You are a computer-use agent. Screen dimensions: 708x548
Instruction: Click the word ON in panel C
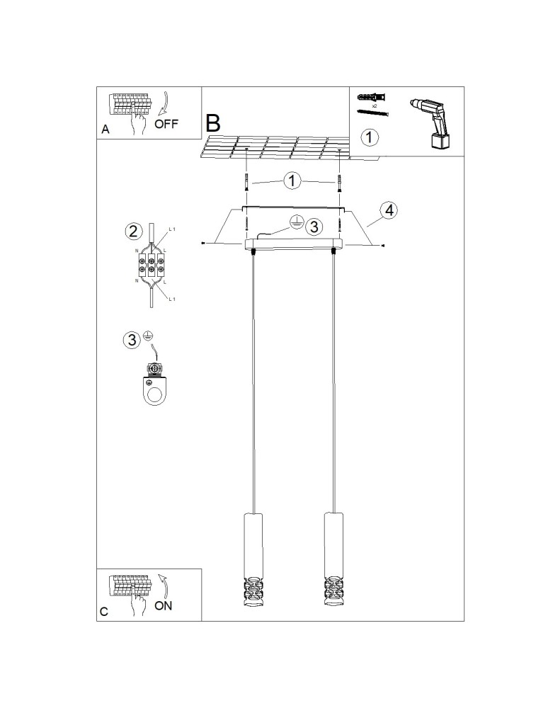point(164,605)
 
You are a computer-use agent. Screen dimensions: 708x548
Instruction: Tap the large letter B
point(213,123)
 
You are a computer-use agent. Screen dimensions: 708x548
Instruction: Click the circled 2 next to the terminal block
point(132,232)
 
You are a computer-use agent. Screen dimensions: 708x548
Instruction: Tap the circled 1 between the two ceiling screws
point(292,181)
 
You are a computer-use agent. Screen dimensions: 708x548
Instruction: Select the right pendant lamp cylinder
point(333,545)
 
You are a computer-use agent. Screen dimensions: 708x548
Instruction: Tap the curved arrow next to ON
point(164,586)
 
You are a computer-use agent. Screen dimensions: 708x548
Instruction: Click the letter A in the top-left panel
point(105,130)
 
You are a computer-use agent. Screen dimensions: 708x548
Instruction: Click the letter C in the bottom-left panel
point(104,612)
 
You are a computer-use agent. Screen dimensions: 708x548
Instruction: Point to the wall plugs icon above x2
point(372,98)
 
